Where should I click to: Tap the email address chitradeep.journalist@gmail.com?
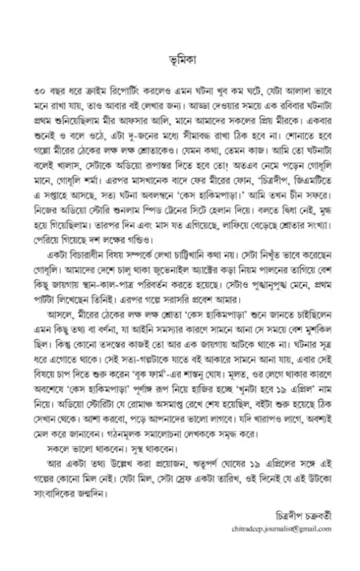(283, 549)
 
